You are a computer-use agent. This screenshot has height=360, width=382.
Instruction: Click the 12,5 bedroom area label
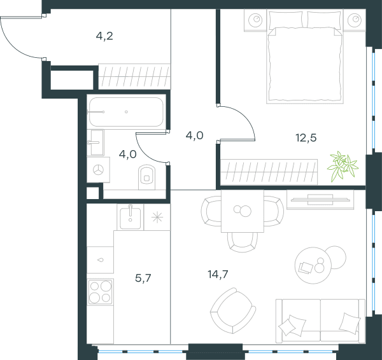(x=306, y=138)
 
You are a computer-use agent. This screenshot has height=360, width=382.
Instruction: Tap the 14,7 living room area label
(x=218, y=274)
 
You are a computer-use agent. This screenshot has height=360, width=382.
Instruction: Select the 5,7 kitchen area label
(x=143, y=278)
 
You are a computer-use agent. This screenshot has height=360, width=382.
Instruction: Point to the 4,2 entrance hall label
(x=104, y=36)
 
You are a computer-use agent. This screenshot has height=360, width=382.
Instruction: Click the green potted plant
(x=343, y=166)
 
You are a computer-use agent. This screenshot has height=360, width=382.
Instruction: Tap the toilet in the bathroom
(x=146, y=177)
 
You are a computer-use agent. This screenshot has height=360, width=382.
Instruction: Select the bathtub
(x=126, y=112)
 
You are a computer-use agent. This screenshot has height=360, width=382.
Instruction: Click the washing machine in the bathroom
(x=99, y=170)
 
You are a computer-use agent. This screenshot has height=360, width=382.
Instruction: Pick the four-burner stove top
(x=101, y=291)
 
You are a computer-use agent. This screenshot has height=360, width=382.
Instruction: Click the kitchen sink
(x=131, y=217)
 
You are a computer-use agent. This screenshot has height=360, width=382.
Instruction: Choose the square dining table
(x=243, y=211)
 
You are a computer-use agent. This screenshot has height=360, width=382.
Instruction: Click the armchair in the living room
(x=233, y=311)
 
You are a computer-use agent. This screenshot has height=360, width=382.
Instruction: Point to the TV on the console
(x=320, y=200)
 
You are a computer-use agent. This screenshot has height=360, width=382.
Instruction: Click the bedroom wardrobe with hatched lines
(x=269, y=172)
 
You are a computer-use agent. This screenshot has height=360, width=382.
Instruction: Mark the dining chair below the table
(x=243, y=242)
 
